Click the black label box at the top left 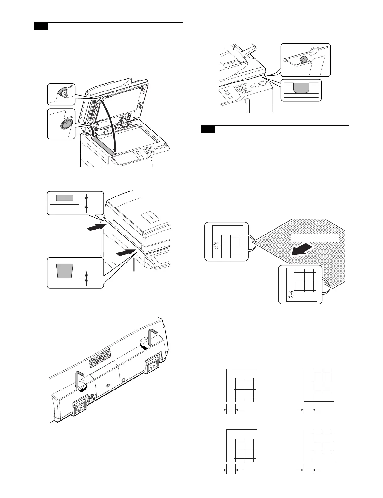[41, 26]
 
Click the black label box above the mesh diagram [208, 129]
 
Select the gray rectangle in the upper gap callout [64, 197]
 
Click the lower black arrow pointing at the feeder [125, 253]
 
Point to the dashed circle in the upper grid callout [216, 245]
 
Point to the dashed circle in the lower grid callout [291, 294]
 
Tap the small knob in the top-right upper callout [304, 59]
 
